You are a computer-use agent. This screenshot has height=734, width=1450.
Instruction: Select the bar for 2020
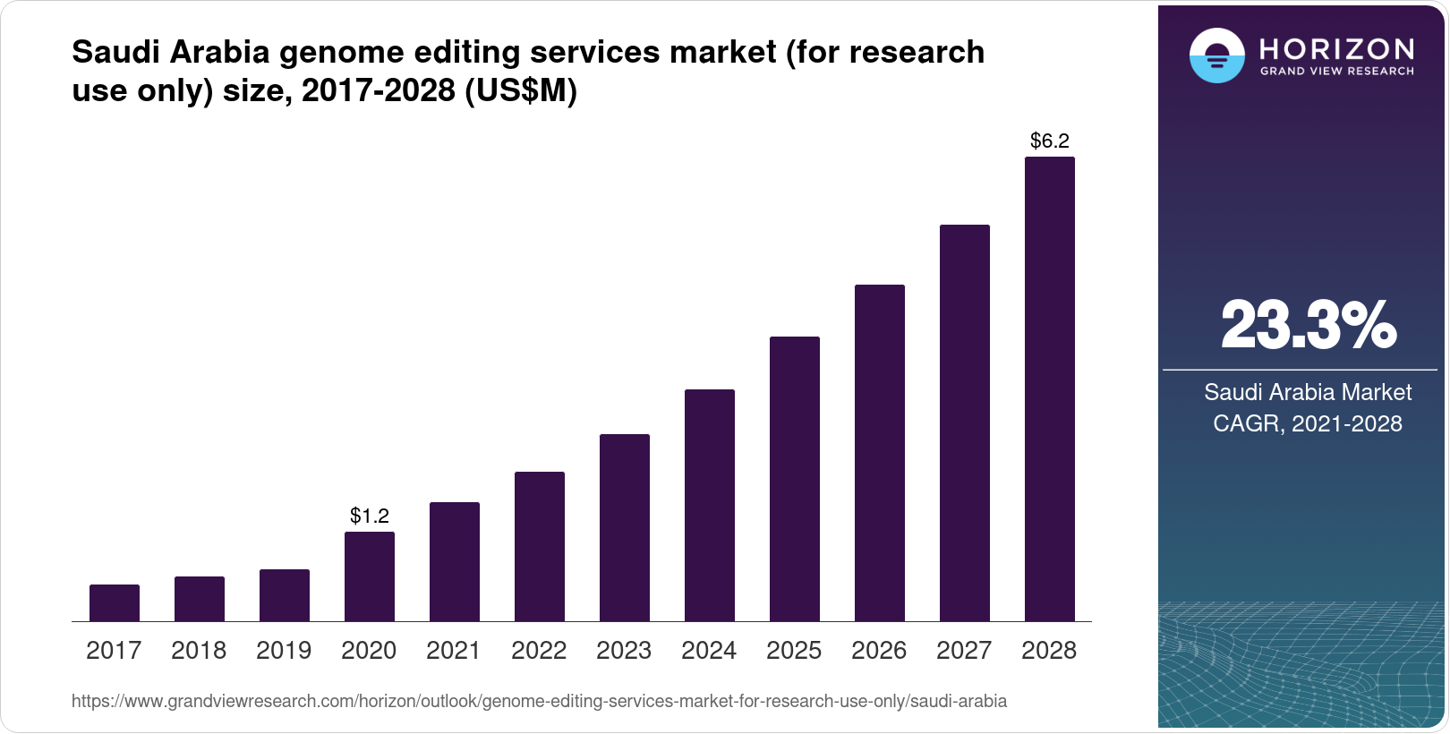[370, 576]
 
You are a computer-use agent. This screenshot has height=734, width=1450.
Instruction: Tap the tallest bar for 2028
[1049, 389]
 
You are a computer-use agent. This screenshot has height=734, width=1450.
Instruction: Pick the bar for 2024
[710, 505]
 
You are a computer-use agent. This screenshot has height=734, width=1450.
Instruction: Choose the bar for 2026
[880, 453]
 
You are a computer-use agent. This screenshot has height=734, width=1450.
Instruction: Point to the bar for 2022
[540, 546]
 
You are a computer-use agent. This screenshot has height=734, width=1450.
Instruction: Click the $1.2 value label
[370, 516]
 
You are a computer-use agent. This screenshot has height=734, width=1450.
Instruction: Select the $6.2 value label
[1049, 141]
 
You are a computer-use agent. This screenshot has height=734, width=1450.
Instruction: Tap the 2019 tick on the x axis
[284, 651]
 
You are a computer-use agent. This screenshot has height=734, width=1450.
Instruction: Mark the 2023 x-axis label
[624, 651]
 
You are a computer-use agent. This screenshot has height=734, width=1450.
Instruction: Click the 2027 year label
[964, 651]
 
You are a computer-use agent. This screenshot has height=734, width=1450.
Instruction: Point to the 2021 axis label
[454, 651]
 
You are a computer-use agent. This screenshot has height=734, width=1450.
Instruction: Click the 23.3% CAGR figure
[1308, 326]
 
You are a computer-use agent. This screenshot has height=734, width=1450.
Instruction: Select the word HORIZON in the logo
[1336, 48]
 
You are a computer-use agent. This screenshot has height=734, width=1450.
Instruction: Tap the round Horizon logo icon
[1216, 55]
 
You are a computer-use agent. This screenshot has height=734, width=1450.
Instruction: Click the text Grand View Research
[1336, 71]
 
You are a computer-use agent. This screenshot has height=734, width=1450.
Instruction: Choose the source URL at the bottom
[539, 701]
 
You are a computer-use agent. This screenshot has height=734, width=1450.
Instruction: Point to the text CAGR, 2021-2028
[1307, 423]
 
